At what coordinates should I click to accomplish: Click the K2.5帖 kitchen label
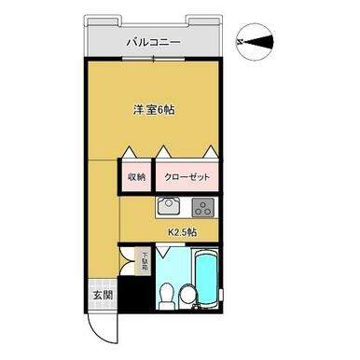tap(181, 233)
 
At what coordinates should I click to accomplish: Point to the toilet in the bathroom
tap(165, 296)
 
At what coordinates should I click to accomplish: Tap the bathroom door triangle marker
tap(165, 252)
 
